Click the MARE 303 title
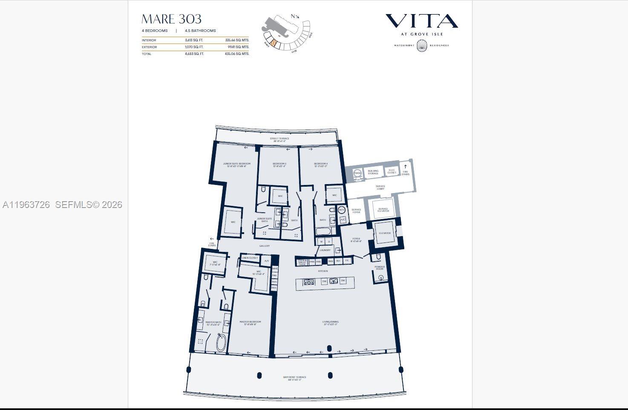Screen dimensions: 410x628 [x=171, y=19]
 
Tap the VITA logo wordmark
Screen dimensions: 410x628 [x=421, y=21]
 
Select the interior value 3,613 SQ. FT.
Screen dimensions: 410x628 [x=194, y=40]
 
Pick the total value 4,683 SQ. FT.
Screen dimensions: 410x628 [x=194, y=54]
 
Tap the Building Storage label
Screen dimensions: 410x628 [x=373, y=172]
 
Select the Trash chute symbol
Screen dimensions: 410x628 [x=357, y=173]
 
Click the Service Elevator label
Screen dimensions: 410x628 [x=383, y=210]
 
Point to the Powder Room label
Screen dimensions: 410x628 [x=379, y=268]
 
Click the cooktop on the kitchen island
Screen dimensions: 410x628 [x=308, y=281]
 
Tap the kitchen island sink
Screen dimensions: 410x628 [x=333, y=281]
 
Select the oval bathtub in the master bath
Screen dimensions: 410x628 [x=221, y=343]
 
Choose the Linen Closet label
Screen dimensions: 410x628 [x=250, y=258]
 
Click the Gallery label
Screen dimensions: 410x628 [x=264, y=246]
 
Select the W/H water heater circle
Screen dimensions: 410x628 [x=342, y=210]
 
